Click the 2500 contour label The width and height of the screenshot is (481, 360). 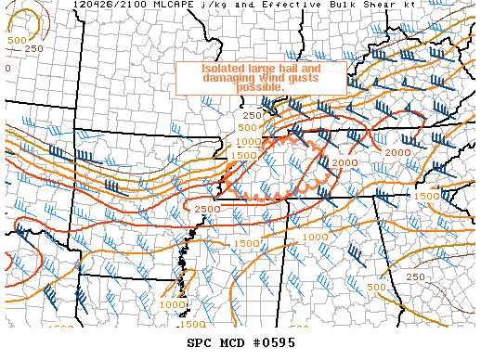point(208,210)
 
